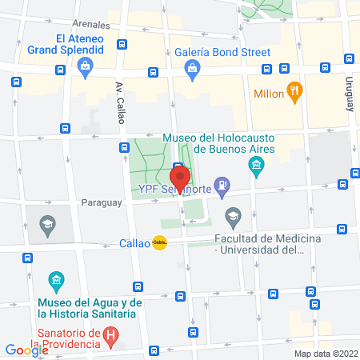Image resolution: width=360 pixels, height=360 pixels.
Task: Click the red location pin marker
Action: pos(180,178)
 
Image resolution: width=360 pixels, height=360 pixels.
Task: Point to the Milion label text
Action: pos(269,94)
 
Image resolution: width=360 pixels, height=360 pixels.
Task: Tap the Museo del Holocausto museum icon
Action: pos(256,167)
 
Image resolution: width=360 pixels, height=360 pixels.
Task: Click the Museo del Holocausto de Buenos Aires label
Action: pos(218,143)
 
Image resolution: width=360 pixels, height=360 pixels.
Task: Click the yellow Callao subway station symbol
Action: pos(160,243)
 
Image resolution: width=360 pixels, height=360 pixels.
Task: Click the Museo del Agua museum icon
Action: pos(56,281)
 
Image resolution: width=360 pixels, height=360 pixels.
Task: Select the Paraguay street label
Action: pos(101,202)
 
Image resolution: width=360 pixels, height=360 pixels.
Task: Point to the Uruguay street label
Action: pos(350,88)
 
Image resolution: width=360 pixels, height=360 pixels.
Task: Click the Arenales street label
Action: pos(90,25)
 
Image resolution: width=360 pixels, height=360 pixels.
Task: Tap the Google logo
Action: pos(26,350)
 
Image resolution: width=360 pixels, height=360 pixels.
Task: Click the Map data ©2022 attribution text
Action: pos(325,354)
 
